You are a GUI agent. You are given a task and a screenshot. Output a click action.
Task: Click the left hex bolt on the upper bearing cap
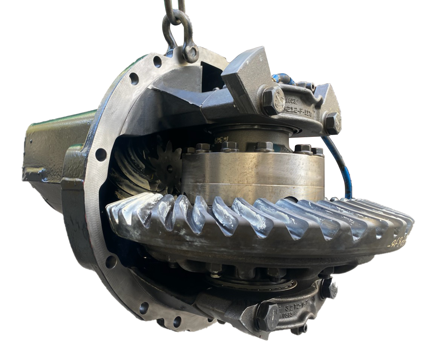click(273, 100)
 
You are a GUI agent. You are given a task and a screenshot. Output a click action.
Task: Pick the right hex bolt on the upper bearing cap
click(333, 123)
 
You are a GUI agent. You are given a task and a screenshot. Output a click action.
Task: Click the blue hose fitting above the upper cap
click(283, 79)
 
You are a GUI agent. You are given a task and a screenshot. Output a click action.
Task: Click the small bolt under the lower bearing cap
click(300, 330)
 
